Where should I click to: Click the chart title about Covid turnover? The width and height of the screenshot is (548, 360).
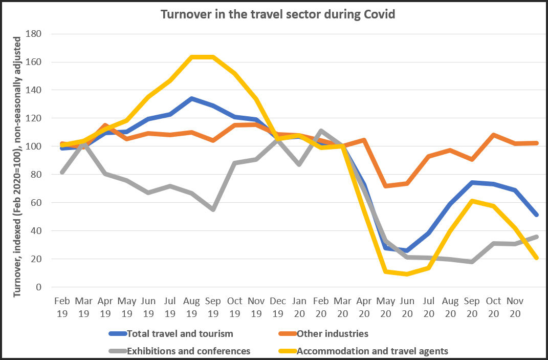(278, 14)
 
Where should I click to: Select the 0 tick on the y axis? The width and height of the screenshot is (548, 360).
(38, 287)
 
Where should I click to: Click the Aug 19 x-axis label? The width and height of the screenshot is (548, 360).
(191, 307)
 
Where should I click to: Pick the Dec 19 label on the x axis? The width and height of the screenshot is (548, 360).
(278, 307)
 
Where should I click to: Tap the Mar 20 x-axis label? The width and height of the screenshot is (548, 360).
(342, 307)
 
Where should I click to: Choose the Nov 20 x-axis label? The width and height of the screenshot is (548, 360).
(515, 307)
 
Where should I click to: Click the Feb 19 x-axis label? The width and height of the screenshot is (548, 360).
(62, 307)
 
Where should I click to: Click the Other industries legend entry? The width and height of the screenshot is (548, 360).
(333, 334)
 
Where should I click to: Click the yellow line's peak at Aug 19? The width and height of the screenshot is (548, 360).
(191, 57)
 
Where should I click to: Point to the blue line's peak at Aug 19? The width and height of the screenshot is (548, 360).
(191, 98)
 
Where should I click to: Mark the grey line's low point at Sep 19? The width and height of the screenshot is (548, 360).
(213, 209)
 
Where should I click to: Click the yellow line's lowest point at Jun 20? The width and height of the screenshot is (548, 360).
(407, 274)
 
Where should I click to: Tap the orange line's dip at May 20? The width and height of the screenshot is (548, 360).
(385, 185)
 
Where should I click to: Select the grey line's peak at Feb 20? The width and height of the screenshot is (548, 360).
(321, 131)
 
